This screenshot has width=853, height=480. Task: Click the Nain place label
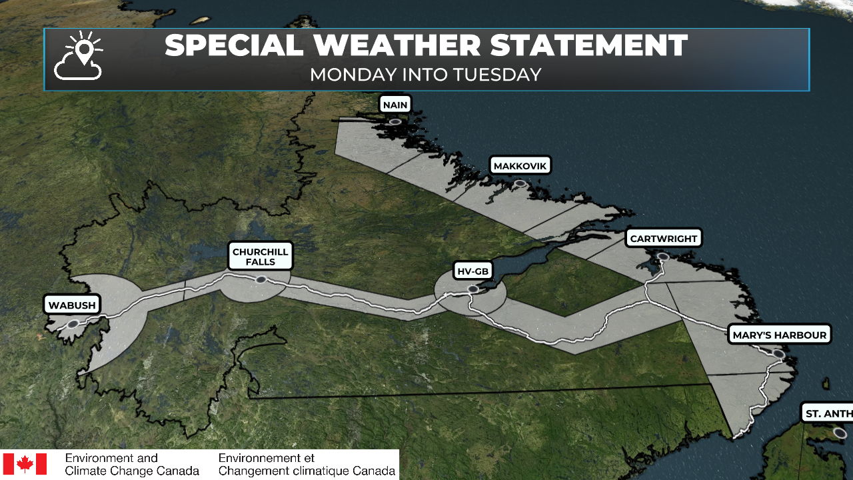click(x=395, y=105)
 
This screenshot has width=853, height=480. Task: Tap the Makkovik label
click(x=521, y=165)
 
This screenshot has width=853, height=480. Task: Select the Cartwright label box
click(x=663, y=238)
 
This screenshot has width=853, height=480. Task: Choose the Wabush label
click(x=73, y=306)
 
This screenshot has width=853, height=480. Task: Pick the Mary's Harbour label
click(x=779, y=335)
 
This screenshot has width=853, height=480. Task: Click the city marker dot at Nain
click(x=395, y=122)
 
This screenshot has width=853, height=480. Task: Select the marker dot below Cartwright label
click(x=662, y=256)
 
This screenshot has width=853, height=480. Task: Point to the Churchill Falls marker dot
click(x=261, y=279)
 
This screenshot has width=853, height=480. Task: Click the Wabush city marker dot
click(x=73, y=324)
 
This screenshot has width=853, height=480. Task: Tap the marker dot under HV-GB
click(x=472, y=289)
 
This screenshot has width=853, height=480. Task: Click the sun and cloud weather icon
click(x=79, y=56)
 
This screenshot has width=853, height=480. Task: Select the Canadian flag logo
click(x=25, y=464)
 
